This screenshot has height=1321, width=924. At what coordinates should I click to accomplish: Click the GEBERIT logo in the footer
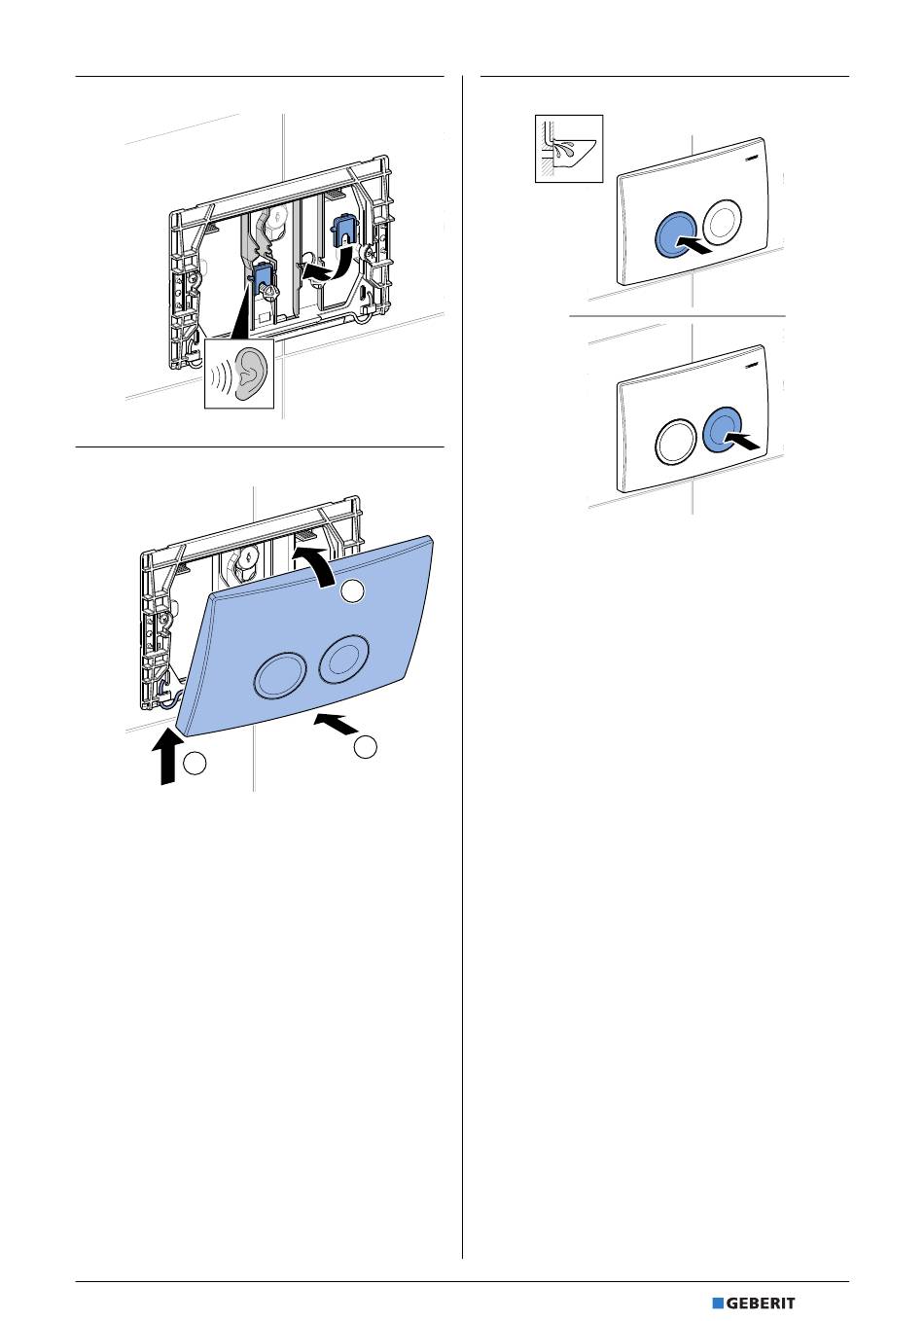point(754,1303)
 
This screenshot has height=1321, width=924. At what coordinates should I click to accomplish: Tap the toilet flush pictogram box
point(569,148)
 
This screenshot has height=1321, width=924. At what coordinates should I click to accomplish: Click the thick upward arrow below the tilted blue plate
point(168,756)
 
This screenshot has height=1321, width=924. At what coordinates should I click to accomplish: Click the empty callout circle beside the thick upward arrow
point(195,764)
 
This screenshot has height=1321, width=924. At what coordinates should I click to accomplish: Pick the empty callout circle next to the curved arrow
point(354,589)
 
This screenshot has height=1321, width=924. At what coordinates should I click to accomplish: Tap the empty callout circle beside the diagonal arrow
point(366,747)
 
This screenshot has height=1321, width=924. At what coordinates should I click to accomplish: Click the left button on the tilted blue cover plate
point(277,673)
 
